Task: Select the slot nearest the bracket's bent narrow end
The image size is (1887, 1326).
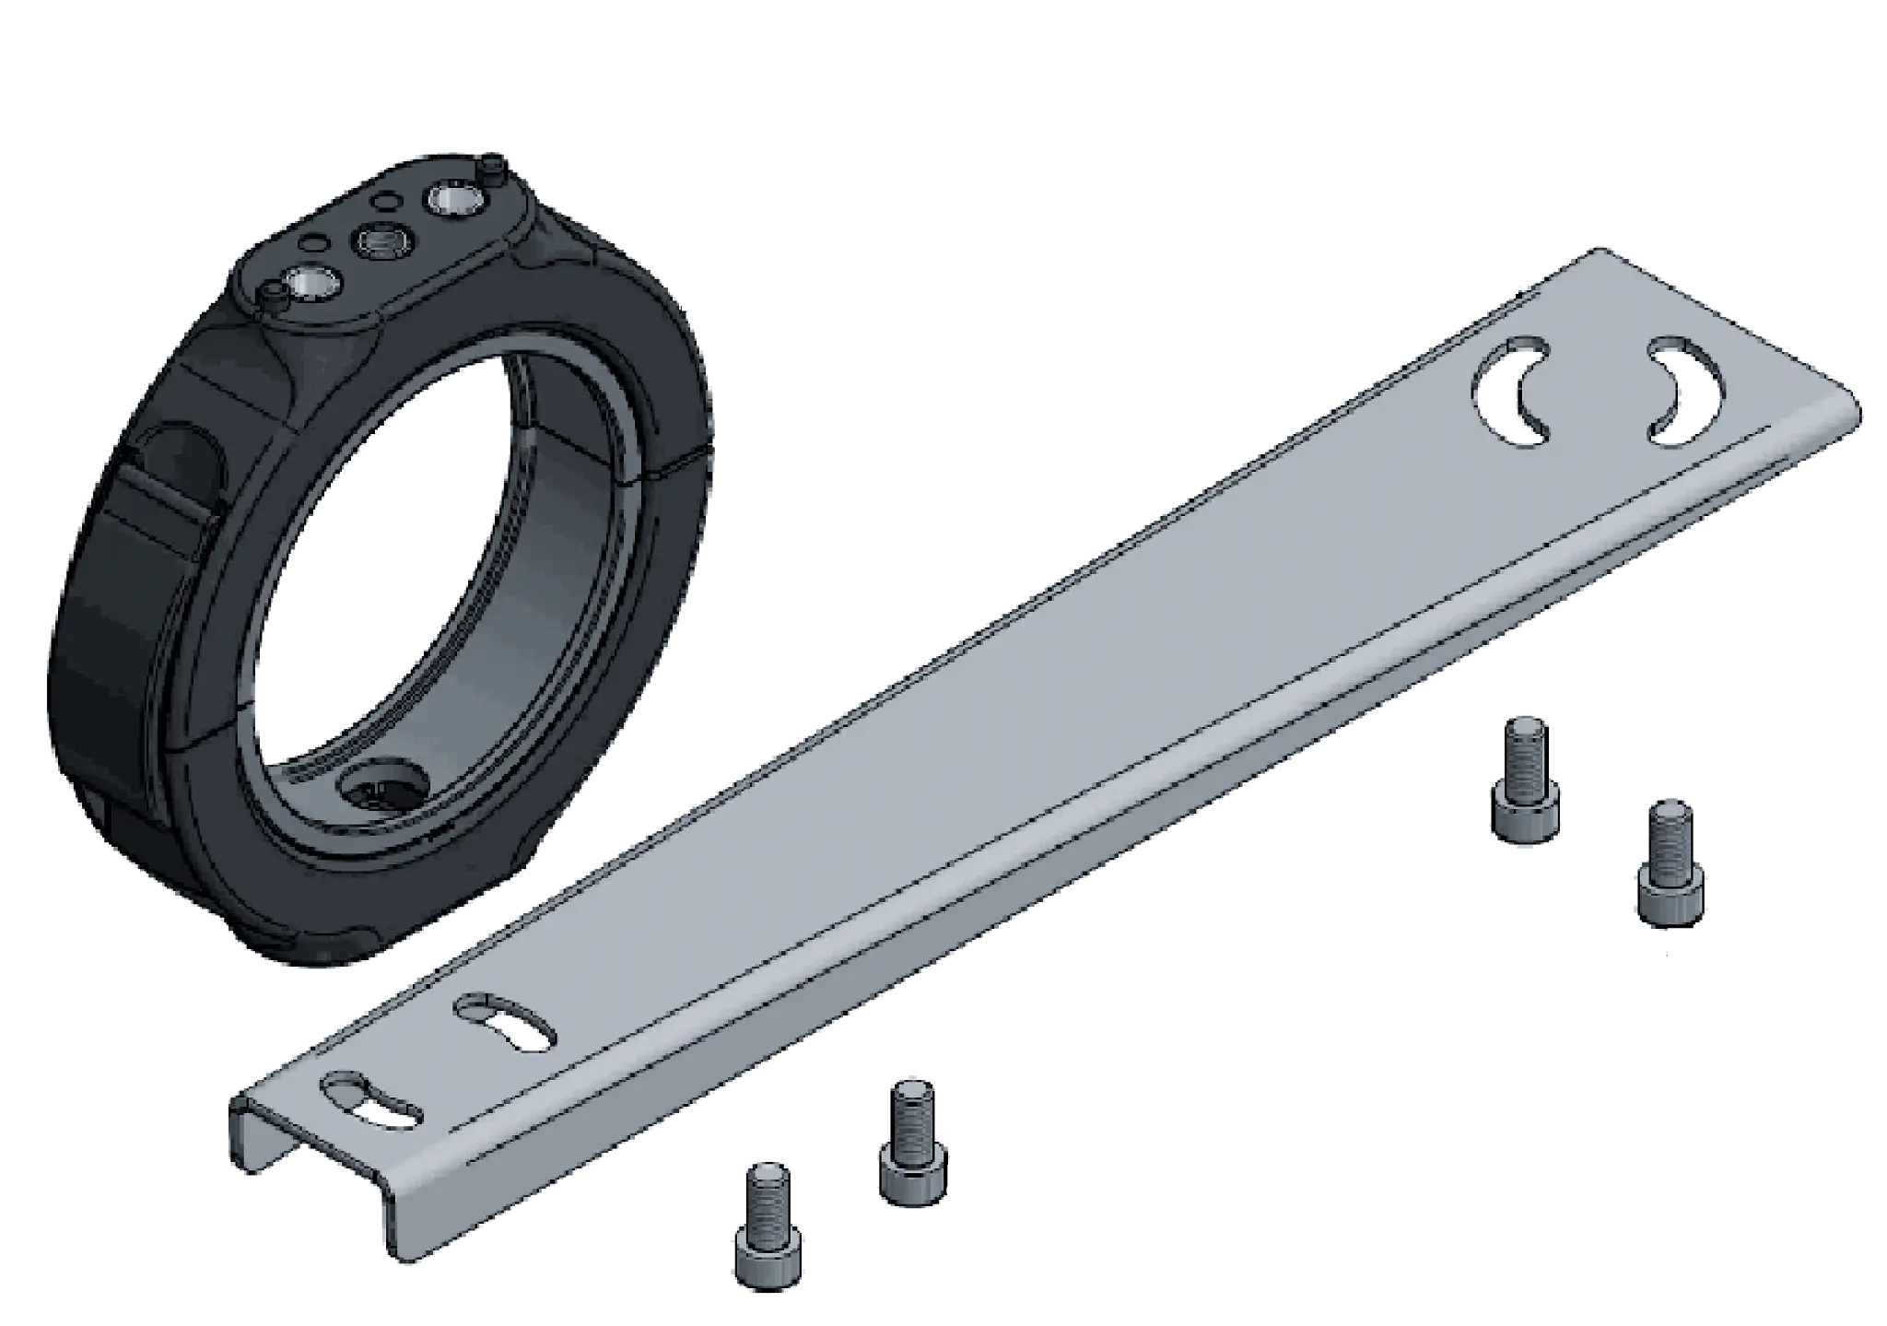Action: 369,1102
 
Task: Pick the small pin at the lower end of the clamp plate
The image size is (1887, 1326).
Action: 273,298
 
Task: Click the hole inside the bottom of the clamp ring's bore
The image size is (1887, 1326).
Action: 381,786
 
